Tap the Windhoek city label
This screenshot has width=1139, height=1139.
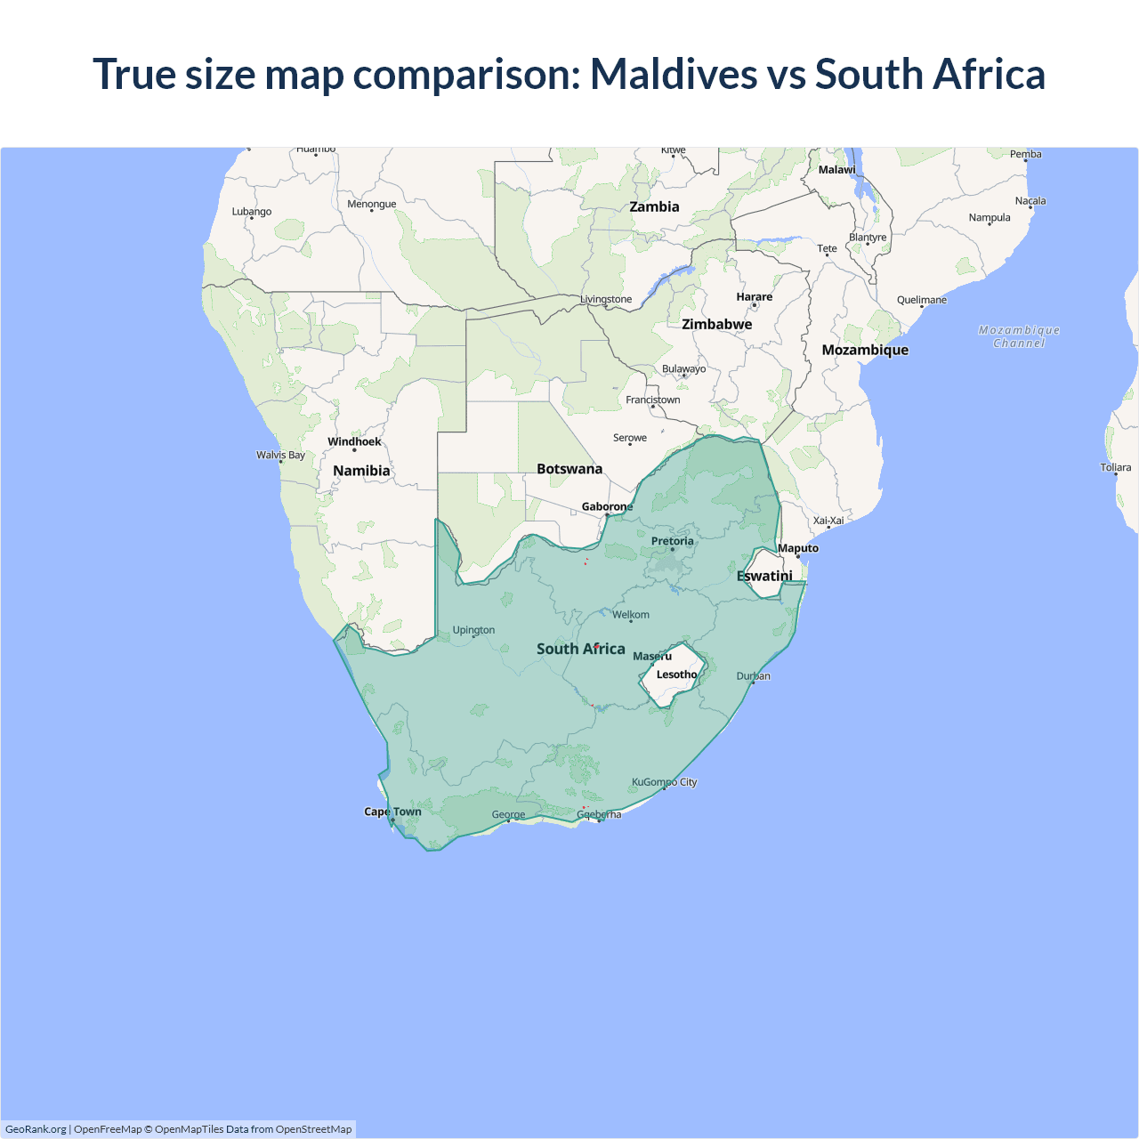354,441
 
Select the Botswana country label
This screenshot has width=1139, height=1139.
569,469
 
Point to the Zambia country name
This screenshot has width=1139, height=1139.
654,206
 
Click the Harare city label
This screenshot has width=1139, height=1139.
755,296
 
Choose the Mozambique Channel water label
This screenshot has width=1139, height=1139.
1019,336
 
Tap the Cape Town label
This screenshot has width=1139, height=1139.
392,812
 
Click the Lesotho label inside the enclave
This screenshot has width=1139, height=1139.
676,675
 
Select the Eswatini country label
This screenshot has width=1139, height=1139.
764,576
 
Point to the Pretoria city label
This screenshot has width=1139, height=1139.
672,541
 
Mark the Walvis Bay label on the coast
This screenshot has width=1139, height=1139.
280,455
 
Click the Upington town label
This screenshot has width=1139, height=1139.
473,630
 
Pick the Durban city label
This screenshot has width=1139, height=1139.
753,676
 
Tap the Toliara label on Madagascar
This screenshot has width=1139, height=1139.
1115,467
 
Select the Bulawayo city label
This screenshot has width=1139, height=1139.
683,368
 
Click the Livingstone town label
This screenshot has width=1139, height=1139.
606,299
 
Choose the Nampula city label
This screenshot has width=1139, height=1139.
990,217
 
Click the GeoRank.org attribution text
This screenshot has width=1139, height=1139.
36,1129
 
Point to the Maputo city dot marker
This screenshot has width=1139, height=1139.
798,557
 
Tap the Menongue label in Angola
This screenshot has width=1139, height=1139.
372,204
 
